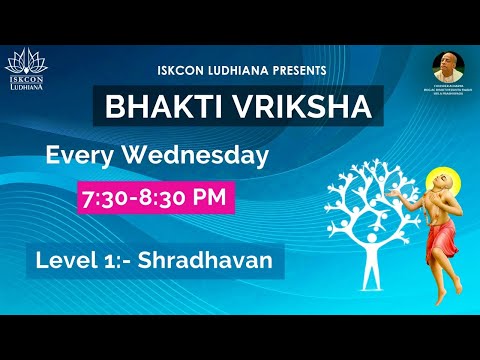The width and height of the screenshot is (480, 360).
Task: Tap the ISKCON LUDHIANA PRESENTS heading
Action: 241,70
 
